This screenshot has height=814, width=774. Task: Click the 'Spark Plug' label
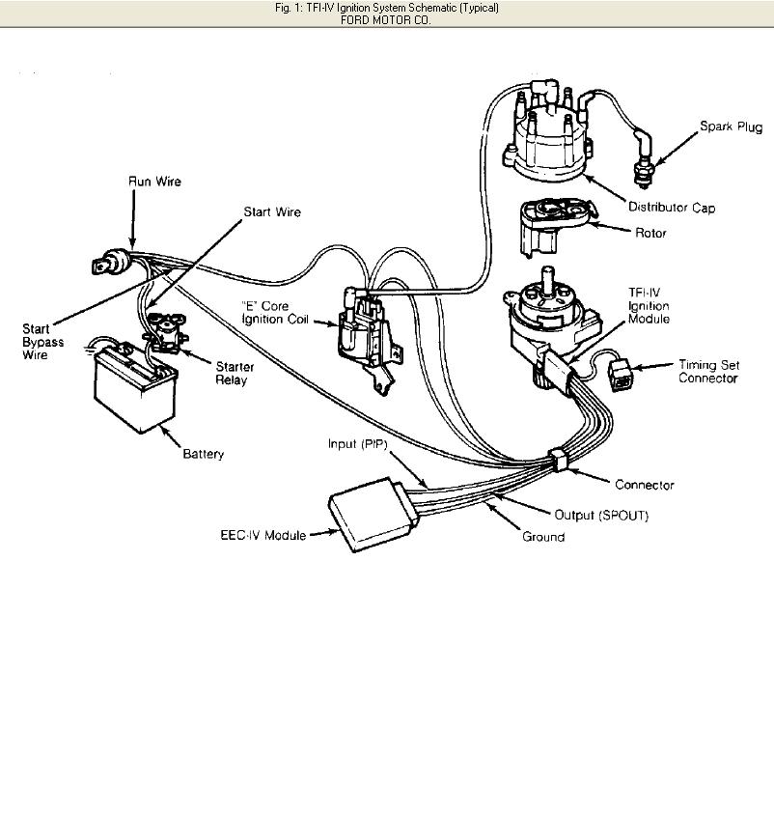pyautogui.click(x=731, y=126)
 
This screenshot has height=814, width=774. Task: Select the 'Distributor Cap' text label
pyautogui.click(x=672, y=208)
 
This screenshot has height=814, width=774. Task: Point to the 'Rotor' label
pyautogui.click(x=650, y=233)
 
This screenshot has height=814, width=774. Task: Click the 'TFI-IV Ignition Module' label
pyautogui.click(x=649, y=306)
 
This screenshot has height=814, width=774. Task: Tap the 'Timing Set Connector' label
pyautogui.click(x=708, y=371)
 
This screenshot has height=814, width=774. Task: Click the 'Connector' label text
pyautogui.click(x=645, y=485)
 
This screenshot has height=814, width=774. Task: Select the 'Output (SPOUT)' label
pyautogui.click(x=601, y=515)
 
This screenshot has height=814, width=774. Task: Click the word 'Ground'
pyautogui.click(x=543, y=536)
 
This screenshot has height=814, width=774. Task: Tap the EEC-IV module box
pyautogui.click(x=373, y=514)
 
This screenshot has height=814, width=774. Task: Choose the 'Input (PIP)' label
pyautogui.click(x=358, y=444)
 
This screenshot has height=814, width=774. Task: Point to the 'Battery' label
pyautogui.click(x=204, y=454)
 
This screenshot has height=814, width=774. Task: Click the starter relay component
pyautogui.click(x=166, y=332)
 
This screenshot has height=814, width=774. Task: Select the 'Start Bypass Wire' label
pyautogui.click(x=43, y=342)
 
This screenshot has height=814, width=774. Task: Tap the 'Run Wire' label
pyautogui.click(x=154, y=182)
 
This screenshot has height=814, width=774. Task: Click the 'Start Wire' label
pyautogui.click(x=272, y=211)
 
